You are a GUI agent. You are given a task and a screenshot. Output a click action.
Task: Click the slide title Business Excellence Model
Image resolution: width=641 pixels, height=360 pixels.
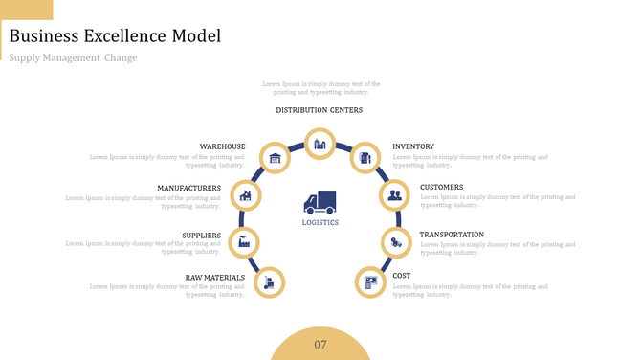pos(115,36)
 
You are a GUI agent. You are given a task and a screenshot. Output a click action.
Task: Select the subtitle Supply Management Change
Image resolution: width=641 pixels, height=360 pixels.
pos(73,58)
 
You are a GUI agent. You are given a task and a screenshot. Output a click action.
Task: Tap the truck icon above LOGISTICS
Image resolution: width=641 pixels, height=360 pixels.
pos(320,202)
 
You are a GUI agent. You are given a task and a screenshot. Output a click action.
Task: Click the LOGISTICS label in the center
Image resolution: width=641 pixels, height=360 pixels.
pos(320,222)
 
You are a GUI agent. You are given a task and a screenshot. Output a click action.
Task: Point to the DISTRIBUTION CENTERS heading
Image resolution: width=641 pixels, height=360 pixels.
pos(320,110)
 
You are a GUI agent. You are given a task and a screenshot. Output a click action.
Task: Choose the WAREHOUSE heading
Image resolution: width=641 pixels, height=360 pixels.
pos(222,146)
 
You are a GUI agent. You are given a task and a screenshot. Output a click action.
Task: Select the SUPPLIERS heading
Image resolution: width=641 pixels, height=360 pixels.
pos(201,235)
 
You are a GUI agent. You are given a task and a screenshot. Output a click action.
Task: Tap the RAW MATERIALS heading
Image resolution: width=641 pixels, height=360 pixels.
pos(215,278)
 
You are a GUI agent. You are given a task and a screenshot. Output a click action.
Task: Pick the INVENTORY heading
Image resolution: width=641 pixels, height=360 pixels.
pos(413,146)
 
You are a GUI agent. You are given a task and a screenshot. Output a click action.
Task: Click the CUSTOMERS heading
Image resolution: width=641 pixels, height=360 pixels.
pos(442,188)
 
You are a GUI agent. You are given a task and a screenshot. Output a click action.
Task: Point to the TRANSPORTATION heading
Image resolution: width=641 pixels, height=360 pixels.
pos(452,235)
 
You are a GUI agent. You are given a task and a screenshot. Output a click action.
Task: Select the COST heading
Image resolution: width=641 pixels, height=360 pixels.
pos(402,276)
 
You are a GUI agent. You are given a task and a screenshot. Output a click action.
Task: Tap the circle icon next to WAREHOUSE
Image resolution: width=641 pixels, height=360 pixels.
pos(276,158)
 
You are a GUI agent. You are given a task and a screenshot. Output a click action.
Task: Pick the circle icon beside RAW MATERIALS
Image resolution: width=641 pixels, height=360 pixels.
pos(271,281)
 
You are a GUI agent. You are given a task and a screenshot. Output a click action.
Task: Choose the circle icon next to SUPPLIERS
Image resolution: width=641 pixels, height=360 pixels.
pos(245,241)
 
